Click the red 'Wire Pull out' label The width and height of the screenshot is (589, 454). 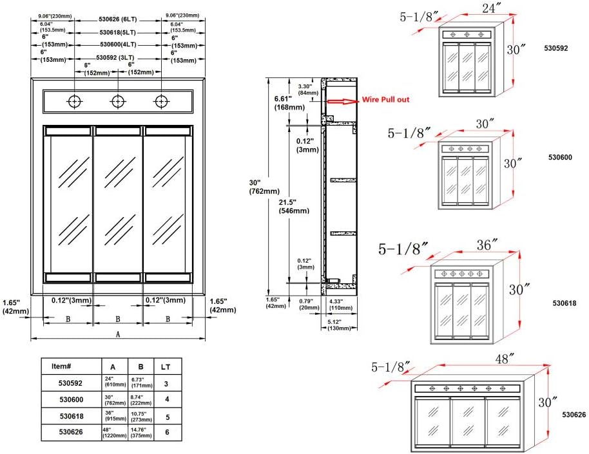click(385, 100)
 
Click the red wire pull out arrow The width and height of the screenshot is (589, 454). click(342, 101)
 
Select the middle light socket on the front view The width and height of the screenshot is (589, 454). click(118, 102)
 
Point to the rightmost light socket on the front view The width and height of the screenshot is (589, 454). click(160, 102)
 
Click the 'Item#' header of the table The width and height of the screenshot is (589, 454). click(61, 366)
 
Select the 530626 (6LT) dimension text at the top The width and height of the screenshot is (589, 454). click(117, 21)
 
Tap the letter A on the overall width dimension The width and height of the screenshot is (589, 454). click(117, 334)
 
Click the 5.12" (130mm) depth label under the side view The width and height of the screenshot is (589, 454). click(338, 325)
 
